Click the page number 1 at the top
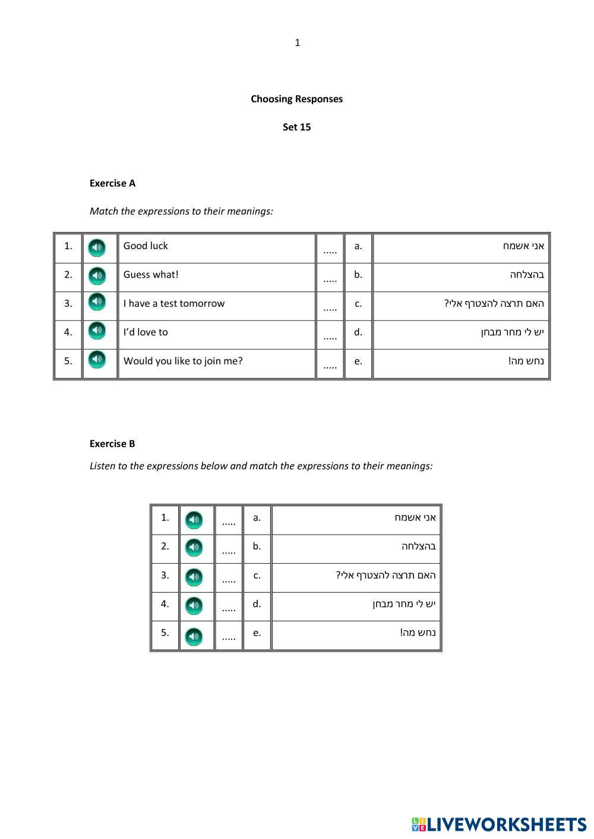coord(298,43)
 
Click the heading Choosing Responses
coord(296,99)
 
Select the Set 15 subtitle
coord(296,127)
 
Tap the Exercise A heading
coord(112,183)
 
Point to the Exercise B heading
coord(112,444)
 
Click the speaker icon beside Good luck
coord(97,247)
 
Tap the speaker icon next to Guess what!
coord(97,276)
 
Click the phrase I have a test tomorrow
coord(174,304)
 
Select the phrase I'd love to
coord(146,332)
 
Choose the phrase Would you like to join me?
coord(183,361)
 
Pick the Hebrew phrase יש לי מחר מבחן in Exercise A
coord(512,332)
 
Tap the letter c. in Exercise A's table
coord(358,304)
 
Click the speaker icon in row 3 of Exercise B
coord(194,577)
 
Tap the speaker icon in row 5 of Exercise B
coord(194,637)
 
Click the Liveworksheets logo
coord(499,824)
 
